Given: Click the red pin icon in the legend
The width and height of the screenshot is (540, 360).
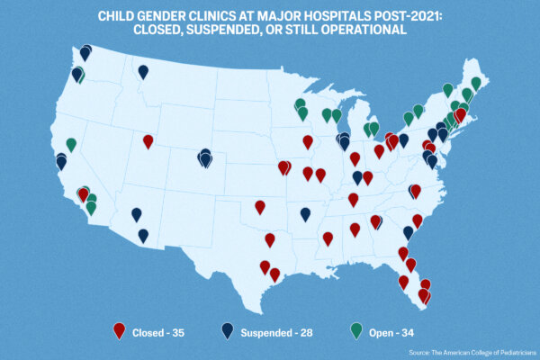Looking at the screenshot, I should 119,330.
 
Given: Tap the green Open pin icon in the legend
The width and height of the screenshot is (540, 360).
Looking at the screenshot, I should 356,330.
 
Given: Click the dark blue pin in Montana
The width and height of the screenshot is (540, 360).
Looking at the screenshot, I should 143,71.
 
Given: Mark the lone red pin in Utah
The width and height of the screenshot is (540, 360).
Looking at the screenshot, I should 148,140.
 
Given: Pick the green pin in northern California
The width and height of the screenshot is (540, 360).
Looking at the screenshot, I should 71,144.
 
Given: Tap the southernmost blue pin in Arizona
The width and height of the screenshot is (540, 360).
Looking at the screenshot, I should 143,235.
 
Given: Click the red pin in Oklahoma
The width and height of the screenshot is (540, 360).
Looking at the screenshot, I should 260,207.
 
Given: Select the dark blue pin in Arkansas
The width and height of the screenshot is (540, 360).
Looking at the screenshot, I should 306,213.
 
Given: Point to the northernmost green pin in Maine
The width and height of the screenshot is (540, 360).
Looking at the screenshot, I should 475,83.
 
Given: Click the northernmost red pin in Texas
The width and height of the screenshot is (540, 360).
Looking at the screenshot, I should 270,239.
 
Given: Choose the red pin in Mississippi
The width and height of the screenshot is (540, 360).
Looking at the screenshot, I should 328,238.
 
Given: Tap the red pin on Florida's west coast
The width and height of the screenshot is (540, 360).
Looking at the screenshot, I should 403,282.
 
